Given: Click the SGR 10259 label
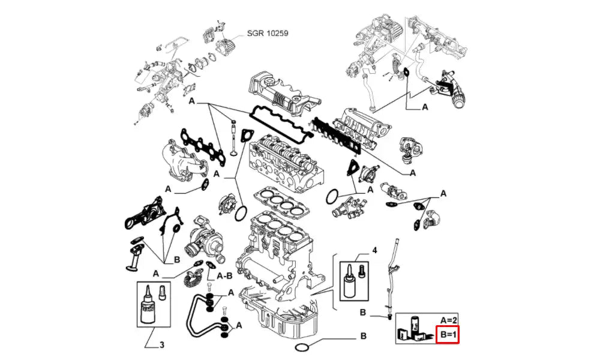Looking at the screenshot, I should pos(268,34).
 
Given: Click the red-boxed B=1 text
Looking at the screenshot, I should pos(448,334).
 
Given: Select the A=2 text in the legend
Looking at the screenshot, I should pos(449,320).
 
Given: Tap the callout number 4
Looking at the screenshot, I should pos(374,249).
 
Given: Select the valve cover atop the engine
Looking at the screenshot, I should pos(278,96).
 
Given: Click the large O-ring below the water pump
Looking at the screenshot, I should pos(241,212).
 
